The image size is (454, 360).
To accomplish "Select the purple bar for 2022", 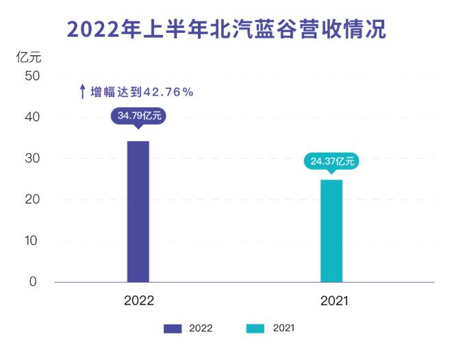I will point(138,211).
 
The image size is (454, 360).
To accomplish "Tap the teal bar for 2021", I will point(331,231).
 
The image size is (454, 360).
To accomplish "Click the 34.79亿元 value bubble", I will point(139,116).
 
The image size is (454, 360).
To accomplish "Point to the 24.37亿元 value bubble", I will point(331,162).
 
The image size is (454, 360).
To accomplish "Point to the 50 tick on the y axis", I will point(32,76).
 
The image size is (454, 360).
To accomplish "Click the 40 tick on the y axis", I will point(32,117).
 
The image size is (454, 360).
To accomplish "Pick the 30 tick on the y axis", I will point(32,158).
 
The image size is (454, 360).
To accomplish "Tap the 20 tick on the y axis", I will point(32,199).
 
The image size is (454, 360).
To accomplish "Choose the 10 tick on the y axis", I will point(32,240).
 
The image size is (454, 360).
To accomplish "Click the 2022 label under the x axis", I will point(139,301).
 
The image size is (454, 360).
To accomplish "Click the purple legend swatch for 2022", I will point(173,329).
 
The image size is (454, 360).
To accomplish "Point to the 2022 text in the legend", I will point(201,329).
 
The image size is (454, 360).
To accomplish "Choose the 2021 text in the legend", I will point(283,329).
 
